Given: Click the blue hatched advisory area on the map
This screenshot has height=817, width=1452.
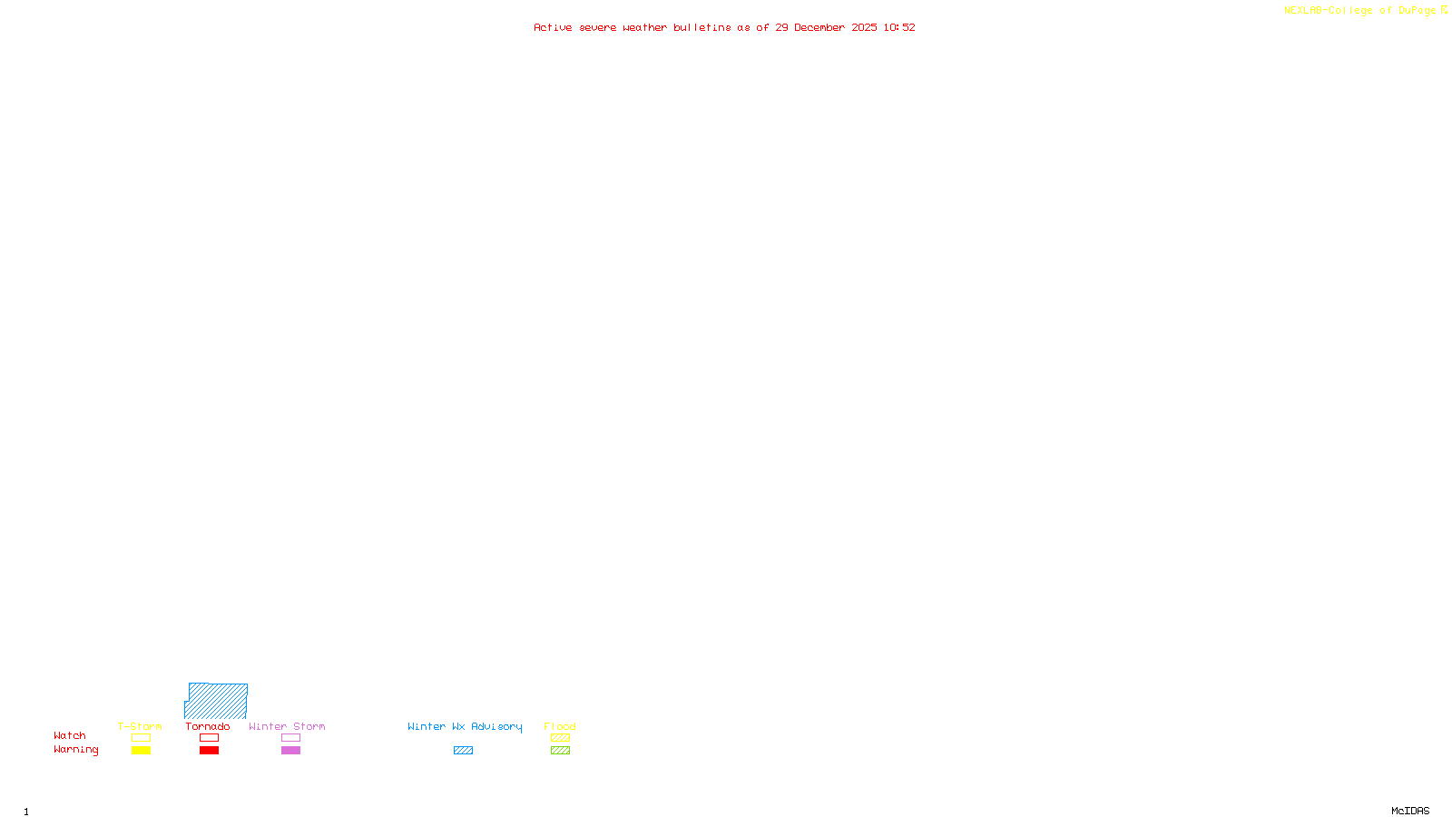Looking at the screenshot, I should pos(218,701).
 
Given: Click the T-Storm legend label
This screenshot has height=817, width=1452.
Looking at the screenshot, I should pos(140,726).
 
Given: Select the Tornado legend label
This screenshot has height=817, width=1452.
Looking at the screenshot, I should pos(208,726).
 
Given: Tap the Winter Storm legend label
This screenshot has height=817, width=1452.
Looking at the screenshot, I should pos(287,726).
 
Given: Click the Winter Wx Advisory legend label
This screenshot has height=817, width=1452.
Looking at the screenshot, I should pos(465,726).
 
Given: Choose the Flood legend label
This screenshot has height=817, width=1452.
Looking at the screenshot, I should pos(560,726).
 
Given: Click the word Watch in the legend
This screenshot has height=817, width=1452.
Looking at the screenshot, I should pos(70,735).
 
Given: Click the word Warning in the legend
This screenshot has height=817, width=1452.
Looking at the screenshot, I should pos(76,750).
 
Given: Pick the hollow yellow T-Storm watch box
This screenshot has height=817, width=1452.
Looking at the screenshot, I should pos(141,738).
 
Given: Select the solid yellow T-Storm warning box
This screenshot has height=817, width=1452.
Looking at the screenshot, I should pos(141,751).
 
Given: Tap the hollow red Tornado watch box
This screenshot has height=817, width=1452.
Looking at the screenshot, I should pos(209,738).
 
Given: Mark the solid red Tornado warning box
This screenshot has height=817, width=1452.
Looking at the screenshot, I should pos(209,751).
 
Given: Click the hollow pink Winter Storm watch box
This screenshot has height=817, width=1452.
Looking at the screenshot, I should pos(290,738).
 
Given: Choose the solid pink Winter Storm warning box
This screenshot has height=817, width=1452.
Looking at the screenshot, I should pos(290,751).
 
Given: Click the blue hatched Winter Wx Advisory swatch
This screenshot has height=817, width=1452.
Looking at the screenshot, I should pos(463,751).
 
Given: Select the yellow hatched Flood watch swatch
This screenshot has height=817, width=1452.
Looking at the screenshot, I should pos(560,738).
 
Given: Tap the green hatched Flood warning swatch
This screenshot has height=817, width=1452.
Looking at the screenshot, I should pos(560,751).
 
